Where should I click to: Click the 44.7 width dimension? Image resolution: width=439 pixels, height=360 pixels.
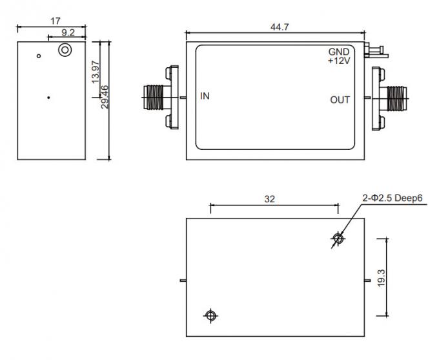(279, 26)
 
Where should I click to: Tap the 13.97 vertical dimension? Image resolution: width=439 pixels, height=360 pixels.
(96, 71)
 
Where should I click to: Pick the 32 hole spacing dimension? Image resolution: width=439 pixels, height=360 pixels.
(270, 199)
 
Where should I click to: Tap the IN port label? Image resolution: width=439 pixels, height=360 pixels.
(205, 96)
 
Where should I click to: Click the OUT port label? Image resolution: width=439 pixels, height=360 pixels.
(340, 100)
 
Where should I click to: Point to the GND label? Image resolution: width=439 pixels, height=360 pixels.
(339, 52)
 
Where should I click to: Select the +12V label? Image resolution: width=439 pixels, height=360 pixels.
(338, 61)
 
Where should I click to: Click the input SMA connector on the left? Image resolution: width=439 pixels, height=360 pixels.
(158, 98)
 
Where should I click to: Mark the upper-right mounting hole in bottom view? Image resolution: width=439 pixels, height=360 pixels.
(337, 239)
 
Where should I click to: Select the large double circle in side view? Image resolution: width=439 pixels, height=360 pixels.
(65, 50)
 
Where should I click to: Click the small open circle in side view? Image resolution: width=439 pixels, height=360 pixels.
(39, 56)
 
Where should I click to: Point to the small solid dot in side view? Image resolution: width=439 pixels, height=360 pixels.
(48, 98)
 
